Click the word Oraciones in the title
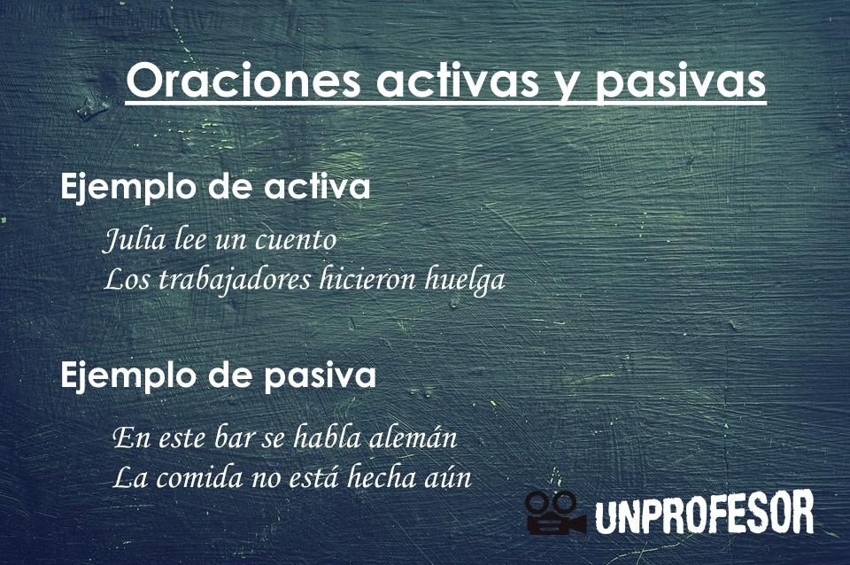point(243,81)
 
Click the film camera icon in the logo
point(554,513)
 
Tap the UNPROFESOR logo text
point(704,514)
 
